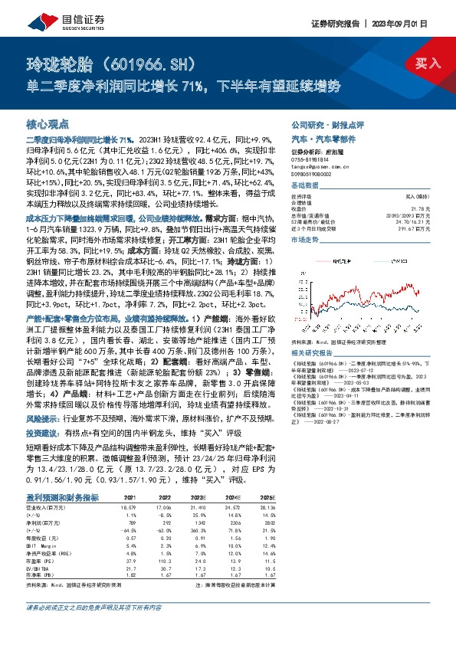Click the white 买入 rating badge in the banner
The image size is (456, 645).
point(428,65)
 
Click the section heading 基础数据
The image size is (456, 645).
point(305,185)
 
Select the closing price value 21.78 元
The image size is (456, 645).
point(419,209)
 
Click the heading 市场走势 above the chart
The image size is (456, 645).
point(305,240)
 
